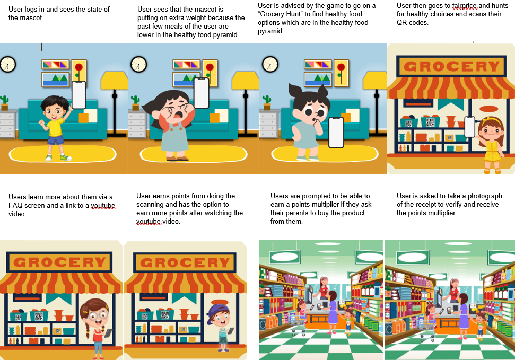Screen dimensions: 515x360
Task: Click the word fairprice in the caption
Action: click(x=465, y=6)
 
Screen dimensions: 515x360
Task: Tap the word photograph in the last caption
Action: click(x=485, y=196)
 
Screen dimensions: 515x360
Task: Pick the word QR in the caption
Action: click(x=402, y=23)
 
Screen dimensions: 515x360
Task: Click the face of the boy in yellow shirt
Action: click(x=55, y=111)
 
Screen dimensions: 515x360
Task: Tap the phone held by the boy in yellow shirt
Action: click(x=79, y=95)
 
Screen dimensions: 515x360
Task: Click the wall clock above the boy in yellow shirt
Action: click(x=8, y=64)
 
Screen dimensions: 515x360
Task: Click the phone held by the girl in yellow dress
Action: click(x=470, y=127)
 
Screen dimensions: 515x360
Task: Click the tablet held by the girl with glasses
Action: click(x=108, y=333)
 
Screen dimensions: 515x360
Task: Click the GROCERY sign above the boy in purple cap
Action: click(x=185, y=262)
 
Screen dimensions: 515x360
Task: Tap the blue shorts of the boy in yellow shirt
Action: click(x=56, y=140)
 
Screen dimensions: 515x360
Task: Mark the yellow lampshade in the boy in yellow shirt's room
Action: click(x=114, y=81)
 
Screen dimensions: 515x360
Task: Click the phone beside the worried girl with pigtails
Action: click(x=336, y=133)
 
